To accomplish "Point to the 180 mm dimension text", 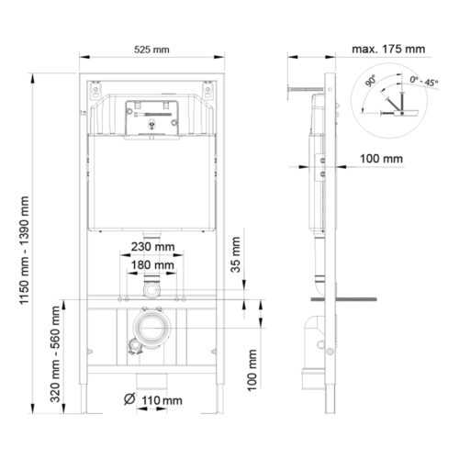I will [151, 265].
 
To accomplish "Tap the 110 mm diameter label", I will [161, 400].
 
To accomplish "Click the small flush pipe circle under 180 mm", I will [151, 288].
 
